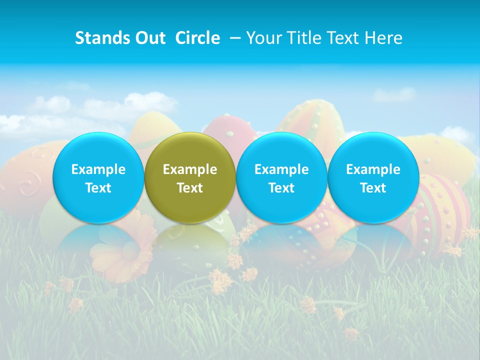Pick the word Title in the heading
pyautogui.click(x=304, y=38)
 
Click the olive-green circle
pyautogui.click(x=190, y=178)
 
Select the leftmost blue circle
pyautogui.click(x=98, y=178)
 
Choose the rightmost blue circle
pyautogui.click(x=373, y=178)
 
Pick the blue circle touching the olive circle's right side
pyautogui.click(x=281, y=178)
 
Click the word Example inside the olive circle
pyautogui.click(x=190, y=169)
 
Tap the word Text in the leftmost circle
pyautogui.click(x=98, y=188)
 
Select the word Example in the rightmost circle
pyautogui.click(x=373, y=169)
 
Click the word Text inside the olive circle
pyautogui.click(x=190, y=188)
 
